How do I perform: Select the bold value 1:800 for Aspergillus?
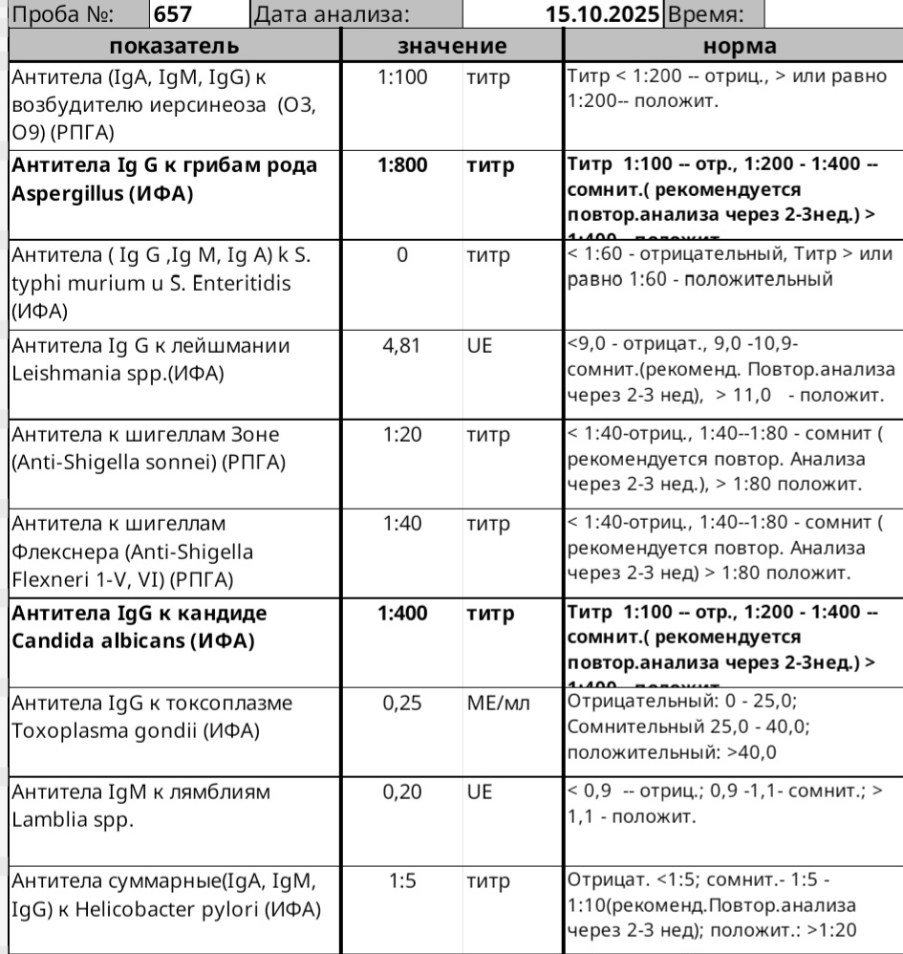click(402, 165)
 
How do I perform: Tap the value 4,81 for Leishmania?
click(402, 346)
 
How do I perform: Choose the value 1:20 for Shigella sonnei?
click(402, 434)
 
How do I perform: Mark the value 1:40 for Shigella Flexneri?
click(402, 523)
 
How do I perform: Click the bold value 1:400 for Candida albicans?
click(402, 613)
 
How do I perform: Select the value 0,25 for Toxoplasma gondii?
click(402, 703)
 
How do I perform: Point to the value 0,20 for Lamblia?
click(402, 792)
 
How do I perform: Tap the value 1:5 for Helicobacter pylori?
click(402, 881)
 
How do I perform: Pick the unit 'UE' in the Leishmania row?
click(479, 346)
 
